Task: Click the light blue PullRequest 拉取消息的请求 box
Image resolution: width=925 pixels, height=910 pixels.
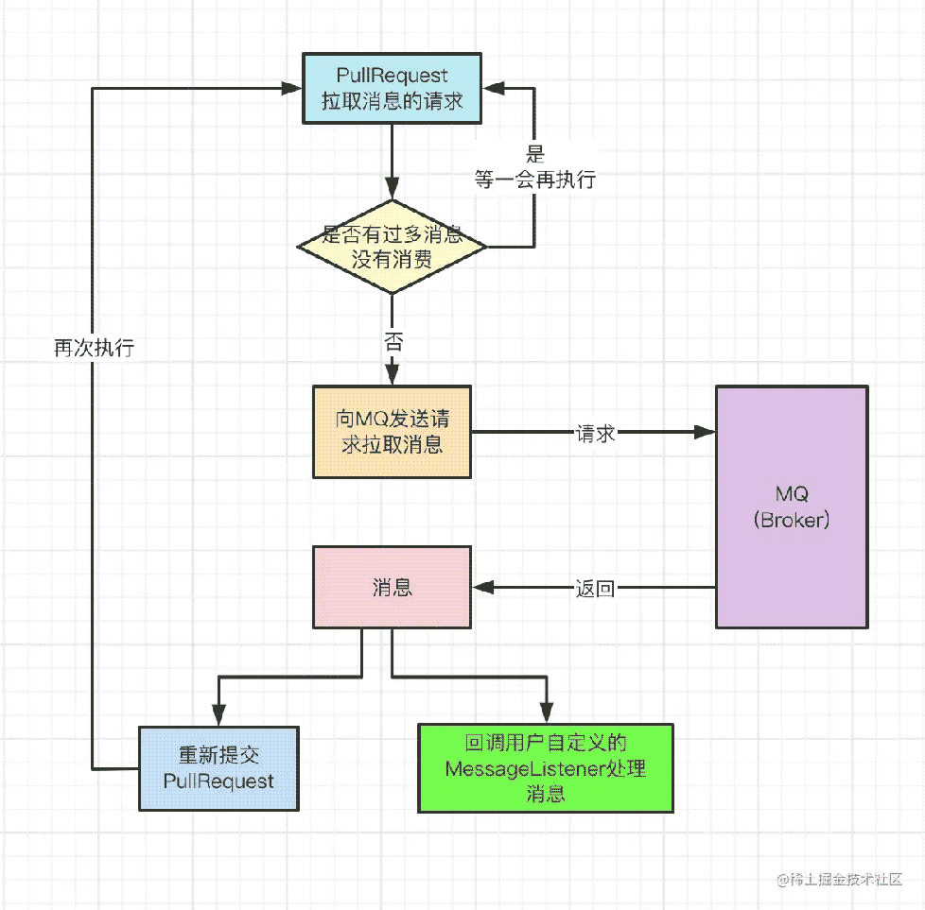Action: [x=392, y=89]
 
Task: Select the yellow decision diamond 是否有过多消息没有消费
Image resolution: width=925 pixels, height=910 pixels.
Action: [x=392, y=247]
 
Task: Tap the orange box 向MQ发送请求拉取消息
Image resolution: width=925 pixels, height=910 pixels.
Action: [x=392, y=432]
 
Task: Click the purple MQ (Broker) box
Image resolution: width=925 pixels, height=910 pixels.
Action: [x=792, y=507]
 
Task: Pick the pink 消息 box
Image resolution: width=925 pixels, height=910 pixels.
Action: [x=392, y=587]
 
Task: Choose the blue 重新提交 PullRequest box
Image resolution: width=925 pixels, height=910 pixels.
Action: [x=218, y=768]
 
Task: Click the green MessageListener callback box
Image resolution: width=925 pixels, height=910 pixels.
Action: [x=546, y=768]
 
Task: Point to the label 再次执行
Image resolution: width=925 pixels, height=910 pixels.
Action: [x=95, y=348]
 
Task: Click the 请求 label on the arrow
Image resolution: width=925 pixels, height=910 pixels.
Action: [x=596, y=434]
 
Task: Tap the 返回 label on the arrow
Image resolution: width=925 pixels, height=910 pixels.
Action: [x=595, y=588]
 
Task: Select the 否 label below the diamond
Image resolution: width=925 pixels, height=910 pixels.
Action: [x=393, y=342]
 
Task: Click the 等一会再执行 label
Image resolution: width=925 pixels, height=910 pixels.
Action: [x=535, y=180]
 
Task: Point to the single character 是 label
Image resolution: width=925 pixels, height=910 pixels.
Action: [x=535, y=154]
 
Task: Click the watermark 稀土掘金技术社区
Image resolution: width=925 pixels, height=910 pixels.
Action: [x=840, y=880]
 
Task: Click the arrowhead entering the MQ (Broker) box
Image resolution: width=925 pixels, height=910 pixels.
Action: [x=705, y=432]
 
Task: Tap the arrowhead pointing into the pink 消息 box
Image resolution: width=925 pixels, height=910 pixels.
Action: [x=483, y=587]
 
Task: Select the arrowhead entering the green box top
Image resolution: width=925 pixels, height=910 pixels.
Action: [x=547, y=713]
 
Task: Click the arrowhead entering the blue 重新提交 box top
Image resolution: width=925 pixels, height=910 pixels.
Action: [x=218, y=715]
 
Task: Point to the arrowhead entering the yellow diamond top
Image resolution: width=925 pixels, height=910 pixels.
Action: [x=392, y=189]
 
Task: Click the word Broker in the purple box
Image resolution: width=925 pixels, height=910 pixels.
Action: [x=792, y=520]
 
